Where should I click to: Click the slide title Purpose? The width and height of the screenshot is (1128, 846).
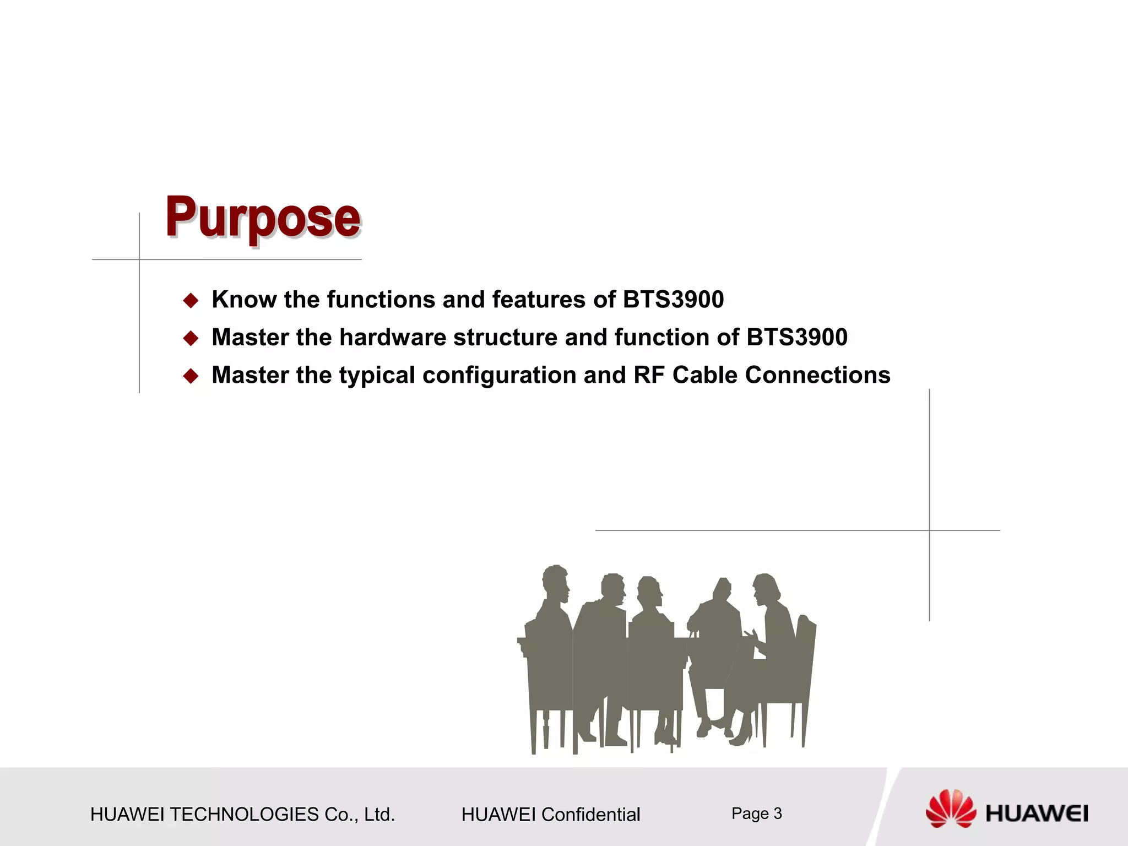(x=263, y=218)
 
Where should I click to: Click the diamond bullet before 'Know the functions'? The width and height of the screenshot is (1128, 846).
(x=191, y=301)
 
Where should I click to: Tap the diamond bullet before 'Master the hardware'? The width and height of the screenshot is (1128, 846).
(x=191, y=338)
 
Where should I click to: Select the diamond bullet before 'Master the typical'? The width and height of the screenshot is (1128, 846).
(x=191, y=376)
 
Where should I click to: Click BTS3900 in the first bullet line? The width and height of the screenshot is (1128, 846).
(x=673, y=300)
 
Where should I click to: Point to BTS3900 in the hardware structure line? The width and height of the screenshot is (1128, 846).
(x=796, y=337)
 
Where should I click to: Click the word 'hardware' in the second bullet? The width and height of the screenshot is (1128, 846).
(x=393, y=337)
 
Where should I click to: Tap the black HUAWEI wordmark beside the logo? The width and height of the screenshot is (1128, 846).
(x=1037, y=814)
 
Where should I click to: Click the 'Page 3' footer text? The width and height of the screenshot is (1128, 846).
(x=756, y=814)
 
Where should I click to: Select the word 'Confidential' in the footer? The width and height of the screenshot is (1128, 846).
(x=590, y=815)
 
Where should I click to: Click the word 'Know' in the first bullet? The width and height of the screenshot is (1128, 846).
(x=244, y=300)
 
